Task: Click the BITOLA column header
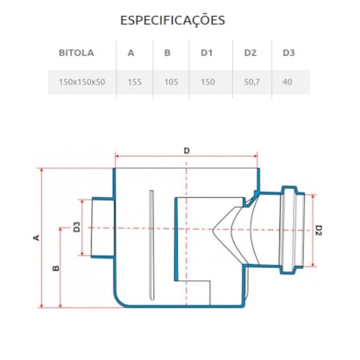(75, 53)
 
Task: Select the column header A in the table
(131, 53)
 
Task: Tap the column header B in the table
(167, 53)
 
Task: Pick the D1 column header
(207, 53)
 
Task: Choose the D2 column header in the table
(251, 53)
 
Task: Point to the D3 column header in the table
(288, 53)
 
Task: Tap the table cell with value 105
(170, 81)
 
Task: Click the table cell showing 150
(208, 81)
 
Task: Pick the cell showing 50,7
(251, 81)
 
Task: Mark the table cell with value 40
(288, 81)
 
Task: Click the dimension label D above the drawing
(187, 152)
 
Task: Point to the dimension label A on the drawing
(37, 237)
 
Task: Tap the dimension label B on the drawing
(56, 269)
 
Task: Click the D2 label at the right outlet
(319, 231)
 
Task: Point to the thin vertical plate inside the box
(152, 240)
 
